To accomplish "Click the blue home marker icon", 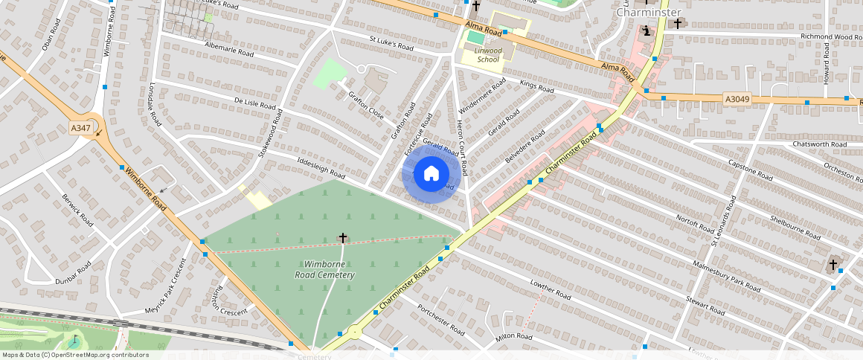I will click(x=431, y=173).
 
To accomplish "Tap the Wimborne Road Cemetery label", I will click(x=329, y=269).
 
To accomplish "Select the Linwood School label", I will click(x=481, y=55).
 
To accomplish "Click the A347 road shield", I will click(x=80, y=129).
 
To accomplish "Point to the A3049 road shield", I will click(x=735, y=98).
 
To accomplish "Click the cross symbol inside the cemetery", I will click(x=343, y=238).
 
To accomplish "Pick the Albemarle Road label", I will click(x=229, y=49).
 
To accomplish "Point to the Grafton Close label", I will click(x=366, y=105).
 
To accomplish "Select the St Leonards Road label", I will click(x=723, y=221).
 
